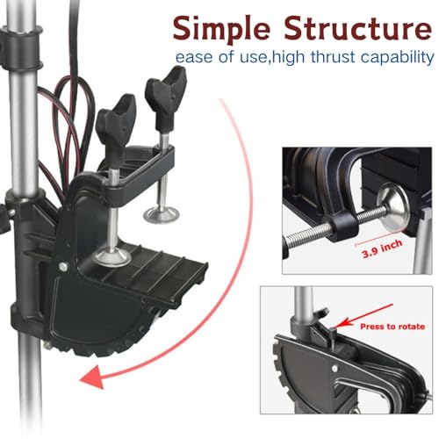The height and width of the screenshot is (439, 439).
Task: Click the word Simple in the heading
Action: click(221, 28)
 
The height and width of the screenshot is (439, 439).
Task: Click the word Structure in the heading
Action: click(357, 27)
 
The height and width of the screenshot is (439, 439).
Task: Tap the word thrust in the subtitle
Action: click(333, 57)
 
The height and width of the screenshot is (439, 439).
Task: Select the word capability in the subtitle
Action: click(397, 58)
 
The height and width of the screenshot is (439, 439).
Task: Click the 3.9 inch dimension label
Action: click(382, 249)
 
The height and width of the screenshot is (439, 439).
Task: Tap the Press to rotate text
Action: click(392, 327)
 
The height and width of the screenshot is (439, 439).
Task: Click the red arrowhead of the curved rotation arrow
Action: click(92, 377)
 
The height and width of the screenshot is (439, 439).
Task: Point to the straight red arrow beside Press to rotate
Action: click(364, 315)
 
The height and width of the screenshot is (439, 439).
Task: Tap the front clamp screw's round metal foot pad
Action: click(112, 256)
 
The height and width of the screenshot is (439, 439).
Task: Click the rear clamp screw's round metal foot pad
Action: click(161, 214)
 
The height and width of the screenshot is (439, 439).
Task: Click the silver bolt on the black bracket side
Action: click(63, 267)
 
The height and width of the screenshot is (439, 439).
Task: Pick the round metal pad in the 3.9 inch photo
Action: click(392, 205)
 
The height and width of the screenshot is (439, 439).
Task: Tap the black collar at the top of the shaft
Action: click(20, 47)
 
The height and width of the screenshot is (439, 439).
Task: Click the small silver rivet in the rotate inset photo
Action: click(335, 369)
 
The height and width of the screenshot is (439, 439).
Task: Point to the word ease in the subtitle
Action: click(195, 58)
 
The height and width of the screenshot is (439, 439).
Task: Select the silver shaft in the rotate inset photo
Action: click(304, 305)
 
